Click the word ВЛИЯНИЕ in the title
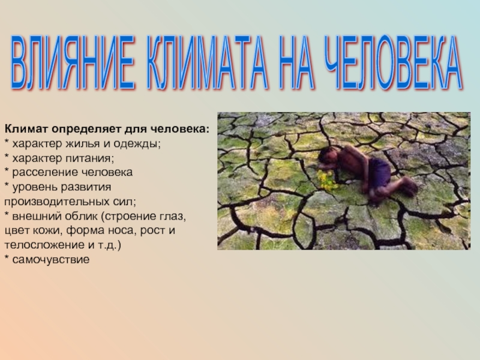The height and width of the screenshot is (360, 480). [x=73, y=62]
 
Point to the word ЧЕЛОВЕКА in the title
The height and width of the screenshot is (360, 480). [x=394, y=62]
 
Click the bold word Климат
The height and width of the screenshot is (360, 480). [x=26, y=129]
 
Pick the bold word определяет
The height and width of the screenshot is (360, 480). [x=86, y=130]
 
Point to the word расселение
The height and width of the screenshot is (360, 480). [x=43, y=172]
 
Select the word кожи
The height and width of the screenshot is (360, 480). [x=48, y=230]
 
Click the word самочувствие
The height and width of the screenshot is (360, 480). [x=51, y=260]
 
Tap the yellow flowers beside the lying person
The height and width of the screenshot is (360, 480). [x=327, y=181]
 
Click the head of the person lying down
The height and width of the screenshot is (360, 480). [x=326, y=157]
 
